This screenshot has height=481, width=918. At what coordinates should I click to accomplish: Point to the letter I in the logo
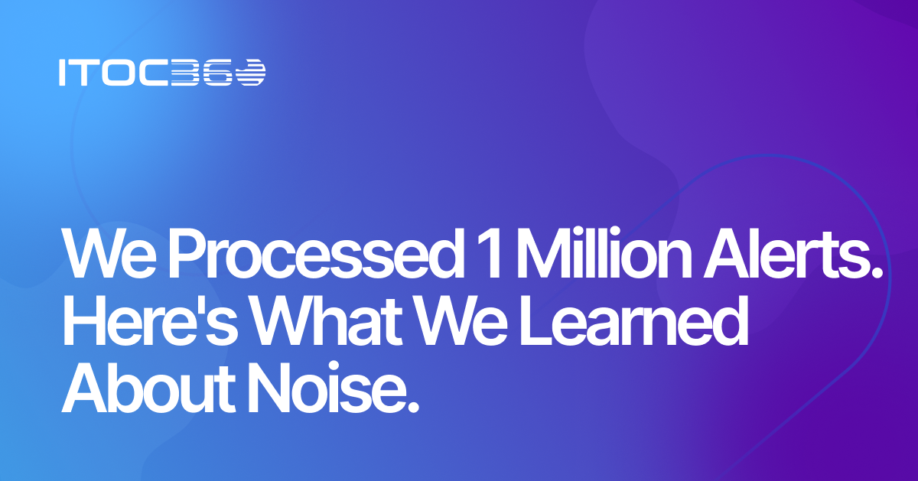click(62, 73)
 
